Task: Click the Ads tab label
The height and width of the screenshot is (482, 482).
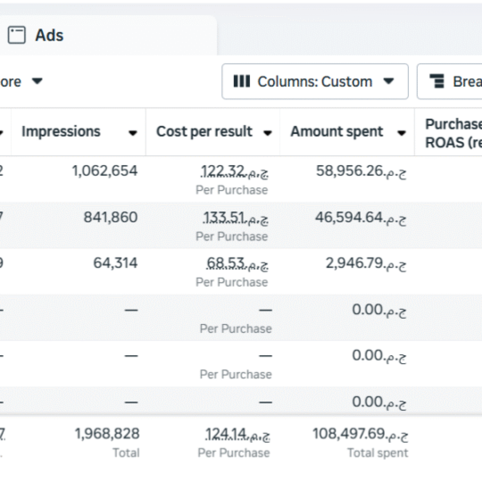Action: pos(49,35)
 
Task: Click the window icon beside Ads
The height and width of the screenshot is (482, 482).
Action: pos(17,35)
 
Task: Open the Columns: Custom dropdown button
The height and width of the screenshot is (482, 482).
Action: pos(315,81)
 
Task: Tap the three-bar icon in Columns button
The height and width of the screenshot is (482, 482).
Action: pos(242,81)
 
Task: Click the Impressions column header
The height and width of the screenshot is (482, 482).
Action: pos(61,132)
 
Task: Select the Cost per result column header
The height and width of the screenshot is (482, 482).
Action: pos(204,132)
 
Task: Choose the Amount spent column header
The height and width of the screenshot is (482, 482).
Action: pos(336,132)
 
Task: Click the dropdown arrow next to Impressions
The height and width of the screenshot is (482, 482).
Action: pos(133,133)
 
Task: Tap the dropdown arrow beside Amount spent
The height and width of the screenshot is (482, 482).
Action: pos(401,133)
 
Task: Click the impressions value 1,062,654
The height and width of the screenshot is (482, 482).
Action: pos(105,171)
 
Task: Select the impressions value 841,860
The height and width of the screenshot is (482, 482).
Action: pos(110,217)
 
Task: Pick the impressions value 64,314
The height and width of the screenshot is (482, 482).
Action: pos(115,263)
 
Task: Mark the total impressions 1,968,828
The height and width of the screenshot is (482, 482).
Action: pos(107,434)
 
